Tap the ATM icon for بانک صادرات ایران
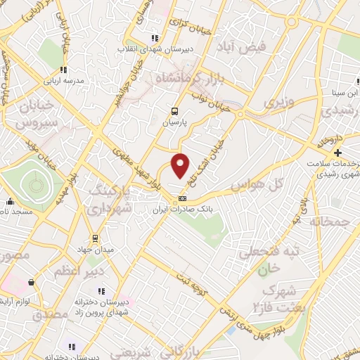[x=183, y=198]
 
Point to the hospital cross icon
[x=338, y=153]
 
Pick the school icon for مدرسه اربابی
[x=63, y=70]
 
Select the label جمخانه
[x=333, y=223]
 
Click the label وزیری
[x=276, y=103]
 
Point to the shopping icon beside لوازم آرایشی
[x=31, y=282]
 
